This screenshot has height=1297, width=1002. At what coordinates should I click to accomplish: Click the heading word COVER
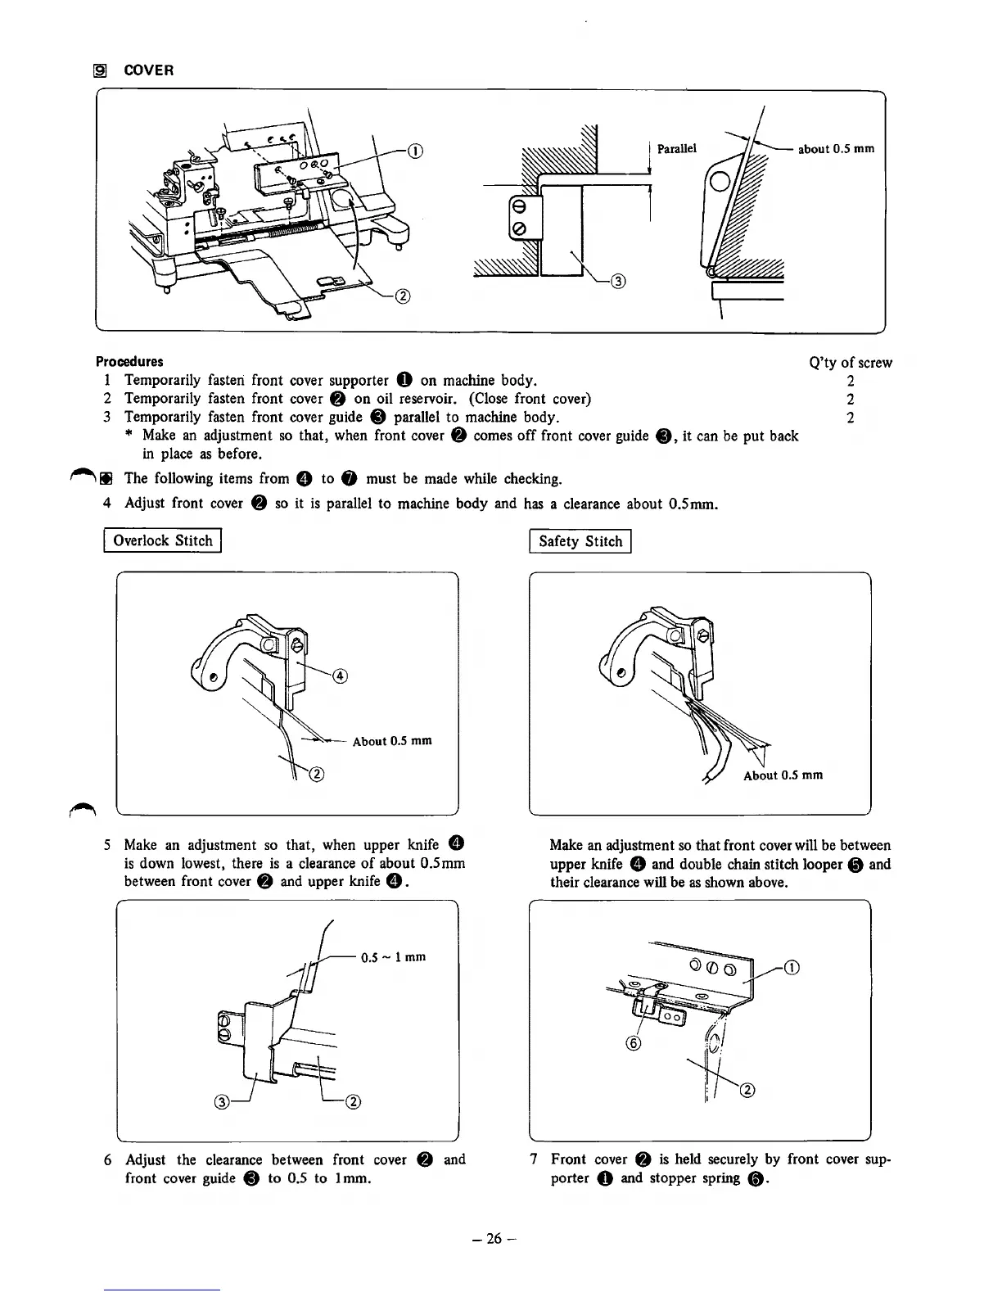click(148, 70)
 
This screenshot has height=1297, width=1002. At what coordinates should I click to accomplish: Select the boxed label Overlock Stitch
click(163, 540)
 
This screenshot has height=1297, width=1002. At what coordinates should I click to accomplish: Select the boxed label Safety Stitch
click(580, 541)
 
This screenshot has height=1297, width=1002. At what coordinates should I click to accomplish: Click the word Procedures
click(129, 361)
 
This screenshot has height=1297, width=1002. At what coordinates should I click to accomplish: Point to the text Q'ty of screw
click(850, 362)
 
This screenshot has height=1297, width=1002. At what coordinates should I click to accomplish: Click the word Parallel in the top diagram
click(677, 148)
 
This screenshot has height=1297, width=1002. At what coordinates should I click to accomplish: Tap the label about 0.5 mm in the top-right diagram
click(836, 148)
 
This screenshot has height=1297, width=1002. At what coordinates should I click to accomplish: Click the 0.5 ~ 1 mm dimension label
click(393, 957)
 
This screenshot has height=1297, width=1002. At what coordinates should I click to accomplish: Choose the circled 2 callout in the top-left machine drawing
click(403, 296)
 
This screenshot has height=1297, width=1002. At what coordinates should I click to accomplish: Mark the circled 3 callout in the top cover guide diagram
click(619, 282)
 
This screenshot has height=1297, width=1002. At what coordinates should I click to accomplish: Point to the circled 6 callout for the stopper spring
click(634, 1043)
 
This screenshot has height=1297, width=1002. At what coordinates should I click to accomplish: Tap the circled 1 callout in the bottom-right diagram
click(791, 968)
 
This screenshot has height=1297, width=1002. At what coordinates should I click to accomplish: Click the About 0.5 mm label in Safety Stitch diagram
click(783, 775)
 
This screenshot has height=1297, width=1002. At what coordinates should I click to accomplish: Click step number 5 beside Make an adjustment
click(107, 845)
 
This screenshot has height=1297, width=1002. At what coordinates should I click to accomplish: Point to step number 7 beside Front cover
click(534, 1159)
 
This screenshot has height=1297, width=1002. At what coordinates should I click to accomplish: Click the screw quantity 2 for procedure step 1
click(851, 381)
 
